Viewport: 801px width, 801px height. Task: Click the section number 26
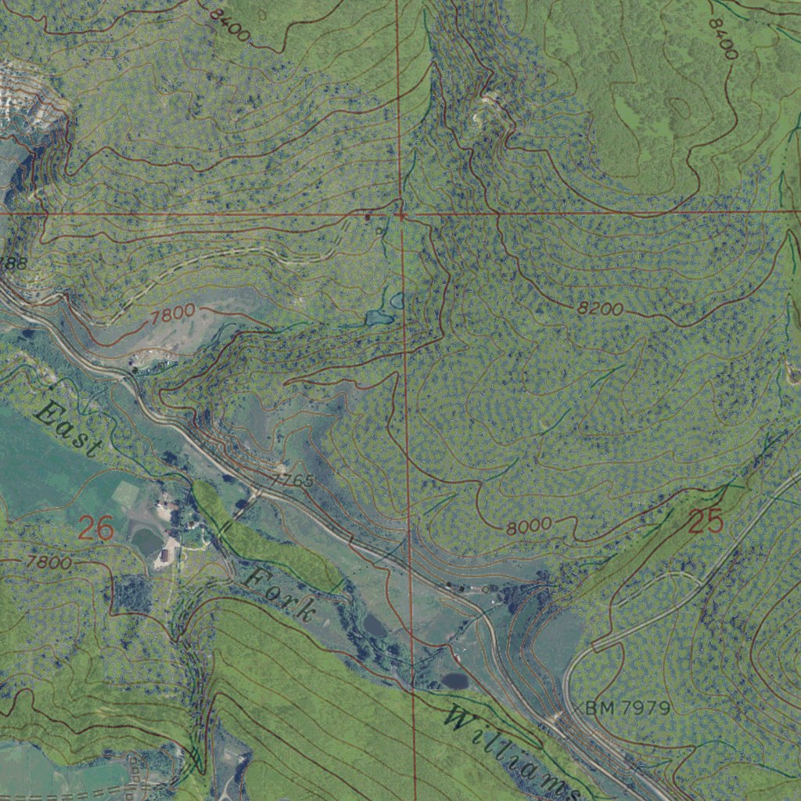pos(96,530)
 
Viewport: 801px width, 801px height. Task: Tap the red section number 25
pos(706,521)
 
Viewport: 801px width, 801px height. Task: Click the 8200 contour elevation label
pos(601,309)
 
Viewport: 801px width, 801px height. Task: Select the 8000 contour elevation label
pos(529,526)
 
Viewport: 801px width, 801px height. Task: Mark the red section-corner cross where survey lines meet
pos(400,213)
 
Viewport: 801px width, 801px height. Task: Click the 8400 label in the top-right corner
pos(722,38)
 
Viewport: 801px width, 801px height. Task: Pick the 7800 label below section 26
pos(48,562)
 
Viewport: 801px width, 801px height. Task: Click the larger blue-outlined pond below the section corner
pos(379,318)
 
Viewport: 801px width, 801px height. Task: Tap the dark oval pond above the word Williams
pos(455,681)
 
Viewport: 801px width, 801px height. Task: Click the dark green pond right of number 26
pos(146,541)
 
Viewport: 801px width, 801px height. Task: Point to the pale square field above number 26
pos(125,493)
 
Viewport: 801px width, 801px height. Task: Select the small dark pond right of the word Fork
pos(375,625)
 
